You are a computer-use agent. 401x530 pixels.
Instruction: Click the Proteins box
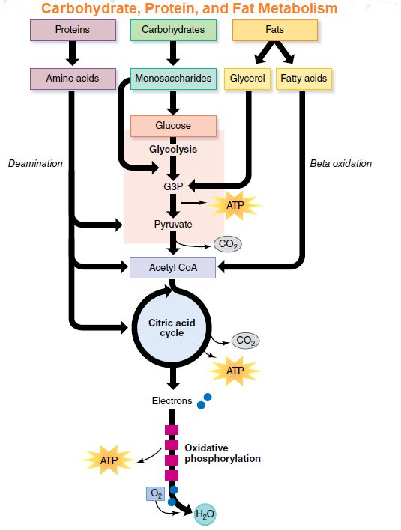pyautogui.click(x=73, y=30)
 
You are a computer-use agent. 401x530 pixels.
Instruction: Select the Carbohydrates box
pyautogui.click(x=173, y=30)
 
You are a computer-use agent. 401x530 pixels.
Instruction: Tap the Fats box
pyautogui.click(x=275, y=30)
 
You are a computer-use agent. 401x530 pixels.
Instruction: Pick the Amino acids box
pyautogui.click(x=73, y=79)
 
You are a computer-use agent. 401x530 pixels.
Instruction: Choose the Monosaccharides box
pyautogui.click(x=173, y=79)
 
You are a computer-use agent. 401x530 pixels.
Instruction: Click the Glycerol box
pyautogui.click(x=247, y=79)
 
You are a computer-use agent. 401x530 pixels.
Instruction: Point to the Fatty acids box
pyautogui.click(x=304, y=79)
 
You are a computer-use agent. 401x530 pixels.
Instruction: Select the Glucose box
pyautogui.click(x=173, y=126)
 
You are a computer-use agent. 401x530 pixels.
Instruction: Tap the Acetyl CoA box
pyautogui.click(x=173, y=268)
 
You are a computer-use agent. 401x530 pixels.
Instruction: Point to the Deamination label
pyautogui.click(x=35, y=164)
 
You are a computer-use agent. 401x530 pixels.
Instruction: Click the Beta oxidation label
pyautogui.click(x=341, y=164)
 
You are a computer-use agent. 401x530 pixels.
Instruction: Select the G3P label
pyautogui.click(x=173, y=186)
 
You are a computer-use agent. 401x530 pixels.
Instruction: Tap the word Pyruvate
pyautogui.click(x=173, y=224)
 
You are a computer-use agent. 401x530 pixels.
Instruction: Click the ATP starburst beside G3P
pyautogui.click(x=235, y=205)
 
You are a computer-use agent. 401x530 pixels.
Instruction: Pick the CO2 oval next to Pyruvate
pyautogui.click(x=228, y=244)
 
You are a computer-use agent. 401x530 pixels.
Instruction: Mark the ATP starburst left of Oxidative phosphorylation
pyautogui.click(x=109, y=460)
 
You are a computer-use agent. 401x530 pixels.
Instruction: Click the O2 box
pyautogui.click(x=156, y=494)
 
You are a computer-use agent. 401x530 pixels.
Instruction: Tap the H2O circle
pyautogui.click(x=205, y=514)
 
